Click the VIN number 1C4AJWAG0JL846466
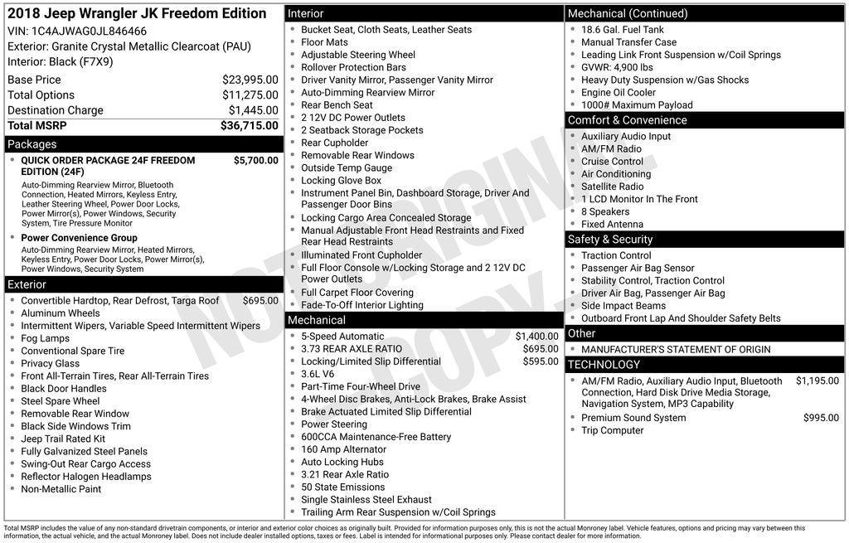click(89, 32)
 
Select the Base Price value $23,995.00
click(250, 80)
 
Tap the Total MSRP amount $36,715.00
click(249, 125)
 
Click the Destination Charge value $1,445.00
click(253, 110)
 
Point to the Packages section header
click(32, 144)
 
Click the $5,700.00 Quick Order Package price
click(255, 161)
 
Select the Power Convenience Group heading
click(79, 238)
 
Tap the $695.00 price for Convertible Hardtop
click(260, 301)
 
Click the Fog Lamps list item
click(45, 338)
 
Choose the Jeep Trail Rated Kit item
click(63, 439)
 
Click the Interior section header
click(306, 13)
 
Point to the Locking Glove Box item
click(341, 181)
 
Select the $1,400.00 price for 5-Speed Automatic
click(536, 337)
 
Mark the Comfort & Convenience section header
click(627, 120)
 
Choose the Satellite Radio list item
click(612, 187)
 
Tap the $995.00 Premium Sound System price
click(821, 418)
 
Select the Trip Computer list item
click(612, 430)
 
